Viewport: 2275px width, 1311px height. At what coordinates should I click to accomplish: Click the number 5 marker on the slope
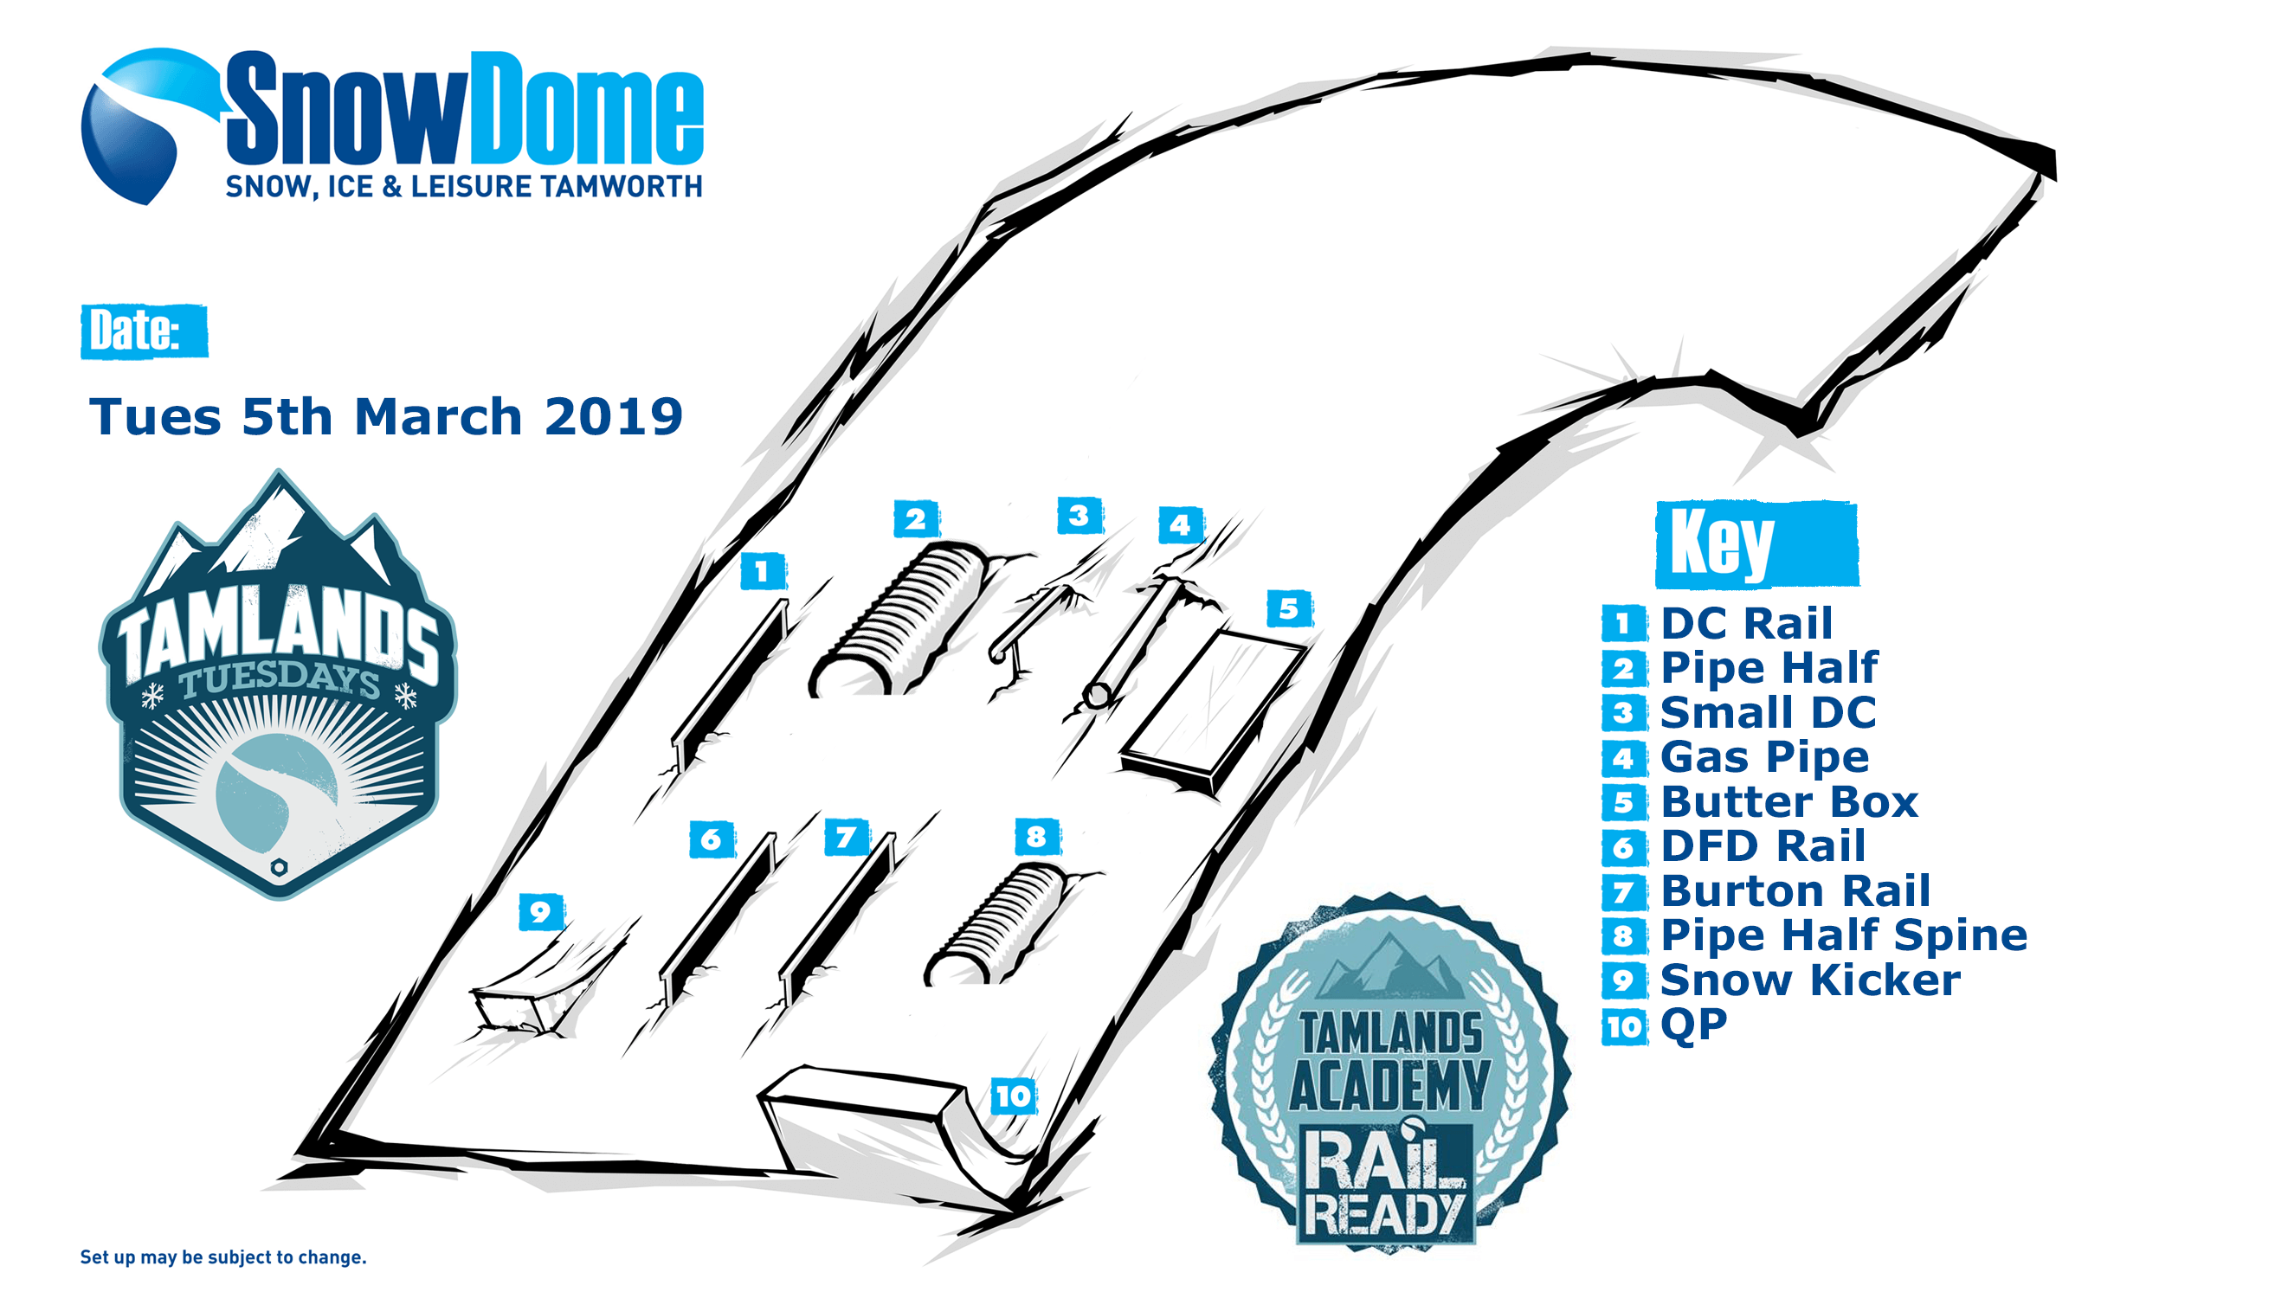[x=1289, y=609]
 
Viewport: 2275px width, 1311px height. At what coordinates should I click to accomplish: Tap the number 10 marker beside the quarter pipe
[x=1013, y=1096]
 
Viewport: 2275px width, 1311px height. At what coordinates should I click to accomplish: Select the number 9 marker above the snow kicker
[x=541, y=912]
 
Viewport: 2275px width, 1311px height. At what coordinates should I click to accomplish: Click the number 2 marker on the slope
[x=916, y=518]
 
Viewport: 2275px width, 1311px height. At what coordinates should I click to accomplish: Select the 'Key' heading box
[x=1757, y=543]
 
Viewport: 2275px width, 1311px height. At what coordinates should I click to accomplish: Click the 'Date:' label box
[x=144, y=331]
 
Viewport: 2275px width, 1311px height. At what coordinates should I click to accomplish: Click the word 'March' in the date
[x=439, y=417]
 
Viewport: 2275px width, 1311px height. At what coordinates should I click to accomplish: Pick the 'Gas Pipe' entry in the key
[x=1764, y=757]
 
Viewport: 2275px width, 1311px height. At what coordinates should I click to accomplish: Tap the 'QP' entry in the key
[x=1693, y=1025]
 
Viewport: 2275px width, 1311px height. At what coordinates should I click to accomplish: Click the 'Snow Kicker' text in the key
[x=1810, y=980]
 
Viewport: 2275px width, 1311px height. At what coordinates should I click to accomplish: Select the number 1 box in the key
[x=1623, y=624]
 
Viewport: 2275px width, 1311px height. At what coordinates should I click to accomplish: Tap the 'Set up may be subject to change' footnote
[x=223, y=1257]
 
